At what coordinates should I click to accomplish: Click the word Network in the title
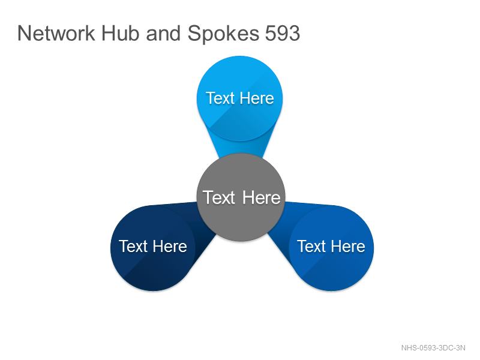pos(56,33)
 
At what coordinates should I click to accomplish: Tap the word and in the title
pos(163,33)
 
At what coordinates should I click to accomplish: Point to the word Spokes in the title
pos(223,34)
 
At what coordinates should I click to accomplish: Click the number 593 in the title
pos(283,33)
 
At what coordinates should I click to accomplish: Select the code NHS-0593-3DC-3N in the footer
pos(433,348)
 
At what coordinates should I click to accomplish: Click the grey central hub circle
pos(241,197)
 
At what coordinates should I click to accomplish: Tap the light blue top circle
pos(239,98)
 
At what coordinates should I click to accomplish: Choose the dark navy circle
pos(153,247)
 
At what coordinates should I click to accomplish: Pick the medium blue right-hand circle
pos(331,247)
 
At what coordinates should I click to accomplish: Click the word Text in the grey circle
pos(219,197)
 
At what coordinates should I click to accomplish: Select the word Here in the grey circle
pos(262,197)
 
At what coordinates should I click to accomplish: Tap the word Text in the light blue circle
pos(220,98)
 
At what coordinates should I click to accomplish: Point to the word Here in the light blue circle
pos(257,98)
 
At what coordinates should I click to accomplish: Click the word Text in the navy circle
pos(133,247)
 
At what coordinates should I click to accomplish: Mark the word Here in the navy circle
pos(170,247)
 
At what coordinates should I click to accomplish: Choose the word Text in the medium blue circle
pos(311,247)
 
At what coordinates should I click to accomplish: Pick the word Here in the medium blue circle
pos(348,247)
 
